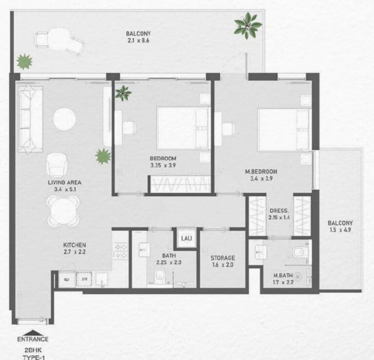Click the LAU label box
coord(186,238)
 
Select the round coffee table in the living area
coord(64,119)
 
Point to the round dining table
coord(63,210)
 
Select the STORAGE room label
coord(223,258)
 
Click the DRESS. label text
coord(279,211)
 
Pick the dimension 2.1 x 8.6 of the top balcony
coord(137,41)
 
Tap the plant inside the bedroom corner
coord(123,92)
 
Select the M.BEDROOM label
coord(261,171)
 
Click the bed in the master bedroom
coord(282,129)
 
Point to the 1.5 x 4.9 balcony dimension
coord(340,231)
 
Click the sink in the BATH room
coord(144,250)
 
